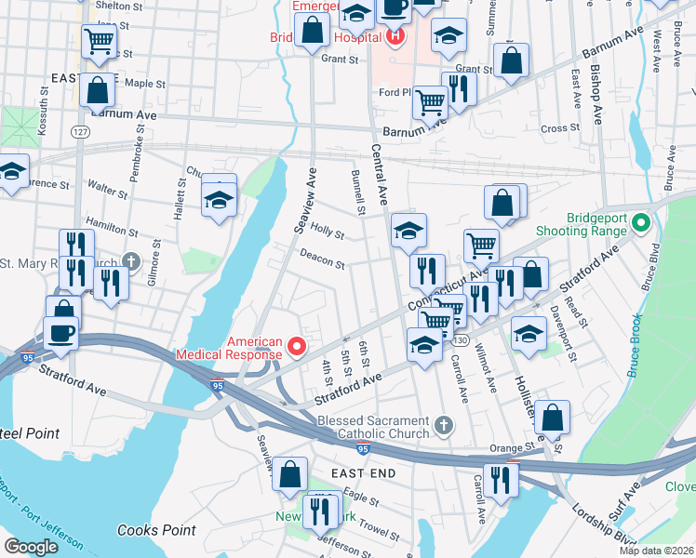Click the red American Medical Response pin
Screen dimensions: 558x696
pos(297,346)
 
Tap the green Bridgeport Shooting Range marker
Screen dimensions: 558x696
pos(639,223)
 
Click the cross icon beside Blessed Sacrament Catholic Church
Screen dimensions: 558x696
pos(444,427)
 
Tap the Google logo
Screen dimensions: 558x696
pos(31,547)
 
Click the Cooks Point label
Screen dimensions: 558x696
pos(156,530)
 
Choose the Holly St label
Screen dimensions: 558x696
pos(328,229)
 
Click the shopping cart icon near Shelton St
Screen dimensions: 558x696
pos(98,41)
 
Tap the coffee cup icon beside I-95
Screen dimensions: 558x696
pos(61,333)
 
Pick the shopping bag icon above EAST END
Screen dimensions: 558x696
pos(290,472)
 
